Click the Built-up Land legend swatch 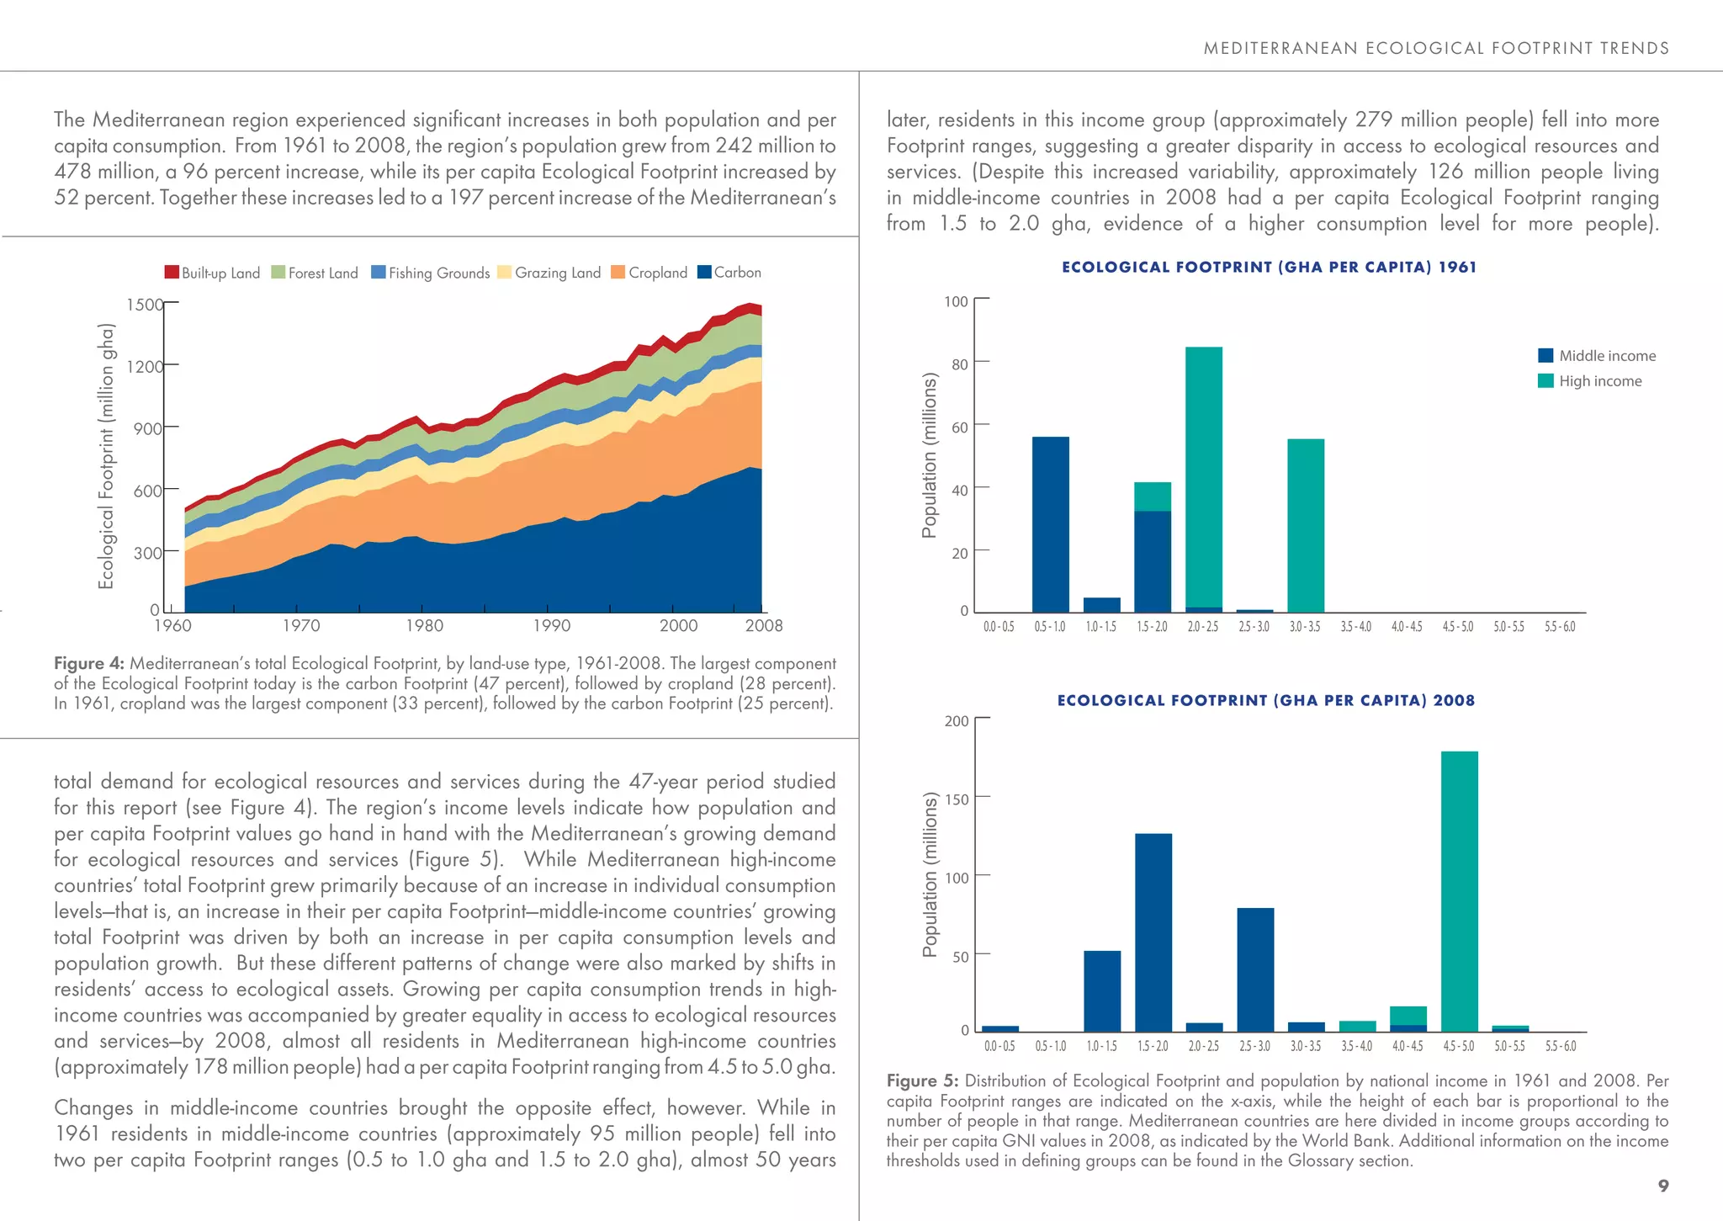tap(172, 273)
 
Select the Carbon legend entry tap(729, 273)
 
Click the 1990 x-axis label tap(551, 625)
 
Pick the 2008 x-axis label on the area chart tap(763, 625)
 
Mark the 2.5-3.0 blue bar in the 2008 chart tap(1255, 969)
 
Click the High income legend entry tap(1589, 381)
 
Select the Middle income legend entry tap(1596, 356)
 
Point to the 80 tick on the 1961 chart tap(959, 364)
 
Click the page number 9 tap(1662, 1186)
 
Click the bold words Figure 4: tap(88, 664)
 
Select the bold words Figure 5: tap(923, 1080)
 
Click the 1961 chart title tap(1269, 268)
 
